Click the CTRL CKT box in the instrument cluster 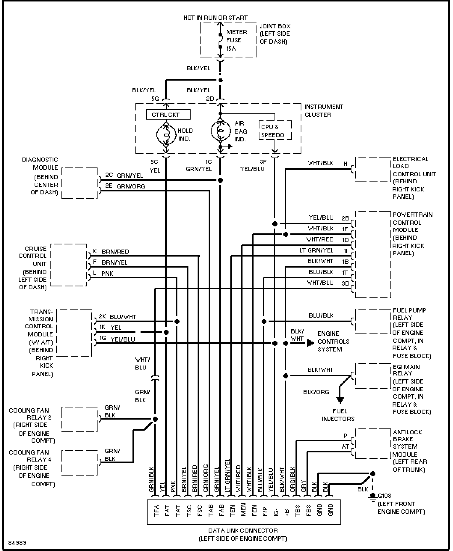(168, 114)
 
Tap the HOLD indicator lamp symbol (166, 135)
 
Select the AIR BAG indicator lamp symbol (221, 130)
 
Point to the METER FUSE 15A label (236, 40)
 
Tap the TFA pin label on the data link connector (156, 511)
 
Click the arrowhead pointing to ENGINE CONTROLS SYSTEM (311, 343)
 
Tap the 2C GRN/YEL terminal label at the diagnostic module (124, 175)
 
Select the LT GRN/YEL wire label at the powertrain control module (316, 250)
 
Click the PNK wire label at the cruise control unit (107, 273)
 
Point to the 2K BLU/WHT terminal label (117, 317)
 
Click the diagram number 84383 (17, 543)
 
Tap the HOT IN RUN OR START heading (215, 18)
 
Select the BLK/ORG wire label (316, 392)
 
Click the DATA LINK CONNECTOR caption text (243, 530)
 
